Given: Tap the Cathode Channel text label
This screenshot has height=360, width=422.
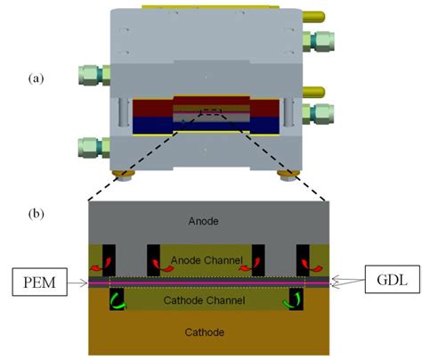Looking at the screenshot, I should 208,301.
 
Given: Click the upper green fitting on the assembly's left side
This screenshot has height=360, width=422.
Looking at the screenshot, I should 93,75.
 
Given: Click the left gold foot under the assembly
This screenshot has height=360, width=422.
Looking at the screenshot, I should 121,175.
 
